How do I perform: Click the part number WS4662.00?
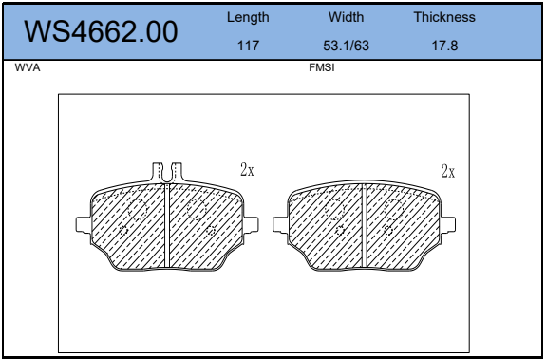click(101, 31)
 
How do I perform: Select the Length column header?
click(248, 17)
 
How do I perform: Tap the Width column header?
click(346, 17)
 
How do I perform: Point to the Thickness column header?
click(444, 17)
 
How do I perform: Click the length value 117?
click(248, 46)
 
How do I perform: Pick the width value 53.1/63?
click(346, 46)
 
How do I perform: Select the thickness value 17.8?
click(444, 46)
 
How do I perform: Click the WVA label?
click(28, 67)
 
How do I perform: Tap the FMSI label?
click(321, 67)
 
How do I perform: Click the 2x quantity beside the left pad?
click(247, 170)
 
